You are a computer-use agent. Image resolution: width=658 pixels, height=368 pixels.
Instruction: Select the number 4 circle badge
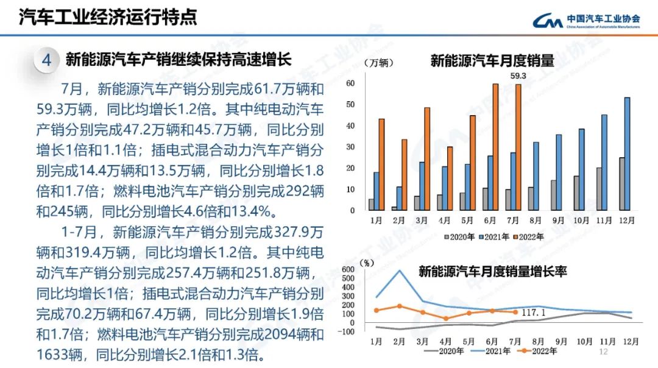tap(47, 60)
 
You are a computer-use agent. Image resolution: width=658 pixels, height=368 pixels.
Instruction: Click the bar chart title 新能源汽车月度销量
tap(492, 61)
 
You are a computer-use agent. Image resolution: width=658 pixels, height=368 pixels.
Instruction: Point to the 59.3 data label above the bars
tap(518, 76)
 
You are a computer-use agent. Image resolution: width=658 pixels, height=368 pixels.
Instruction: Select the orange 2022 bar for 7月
tap(518, 147)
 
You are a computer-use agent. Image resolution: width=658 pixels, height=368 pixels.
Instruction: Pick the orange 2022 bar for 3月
tap(427, 158)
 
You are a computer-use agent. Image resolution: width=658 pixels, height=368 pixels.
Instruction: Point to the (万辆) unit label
tap(378, 63)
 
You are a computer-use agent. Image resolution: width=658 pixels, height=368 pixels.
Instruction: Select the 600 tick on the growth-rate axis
tap(349, 270)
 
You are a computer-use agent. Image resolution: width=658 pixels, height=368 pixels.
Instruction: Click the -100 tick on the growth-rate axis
tap(347, 332)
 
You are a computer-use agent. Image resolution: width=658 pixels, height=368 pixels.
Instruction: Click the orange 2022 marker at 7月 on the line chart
tap(515, 313)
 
